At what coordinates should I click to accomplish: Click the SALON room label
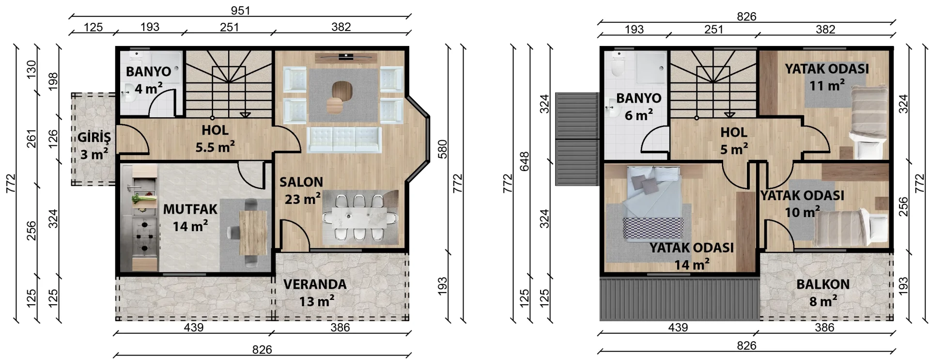click(x=301, y=182)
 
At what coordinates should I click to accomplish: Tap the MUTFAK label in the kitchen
click(x=190, y=210)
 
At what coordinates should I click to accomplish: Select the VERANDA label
click(x=315, y=284)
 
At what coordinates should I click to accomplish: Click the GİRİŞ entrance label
click(x=94, y=138)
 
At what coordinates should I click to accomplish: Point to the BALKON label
click(x=823, y=284)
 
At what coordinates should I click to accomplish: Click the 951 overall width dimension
click(x=240, y=11)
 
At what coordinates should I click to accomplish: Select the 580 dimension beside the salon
click(x=442, y=149)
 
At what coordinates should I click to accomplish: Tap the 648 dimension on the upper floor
click(x=524, y=162)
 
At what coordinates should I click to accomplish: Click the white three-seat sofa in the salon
click(x=344, y=140)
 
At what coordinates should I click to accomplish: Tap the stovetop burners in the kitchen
click(x=145, y=236)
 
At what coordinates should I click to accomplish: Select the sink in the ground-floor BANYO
click(x=128, y=92)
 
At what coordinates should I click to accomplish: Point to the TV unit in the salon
click(x=346, y=58)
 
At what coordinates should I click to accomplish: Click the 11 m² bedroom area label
click(x=827, y=85)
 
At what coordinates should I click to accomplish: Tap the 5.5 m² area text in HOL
click(x=215, y=146)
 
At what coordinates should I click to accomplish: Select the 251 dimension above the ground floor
click(x=229, y=27)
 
